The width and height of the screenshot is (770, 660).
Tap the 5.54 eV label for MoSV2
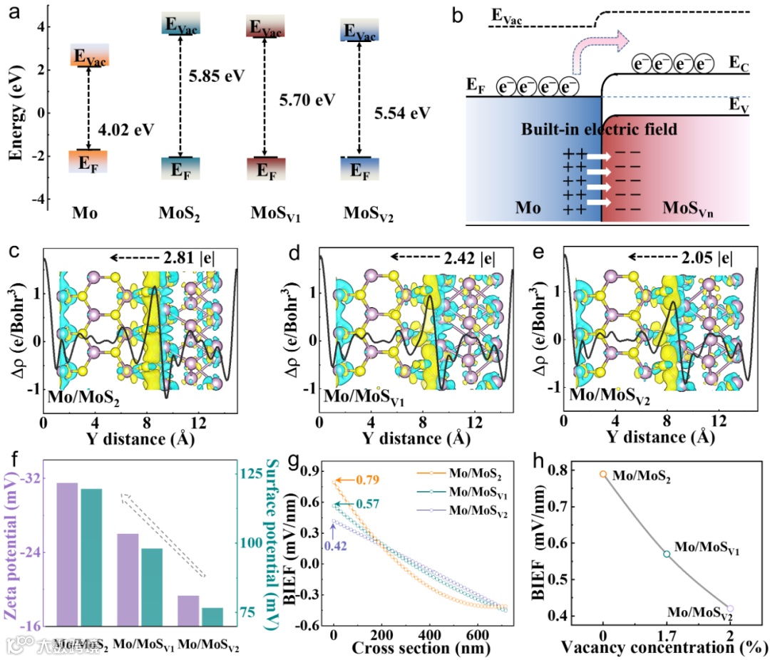pyautogui.click(x=403, y=113)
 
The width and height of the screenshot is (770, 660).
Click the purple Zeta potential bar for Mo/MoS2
pyautogui.click(x=67, y=554)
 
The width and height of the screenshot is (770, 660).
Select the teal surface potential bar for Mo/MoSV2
pyautogui.click(x=212, y=617)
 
